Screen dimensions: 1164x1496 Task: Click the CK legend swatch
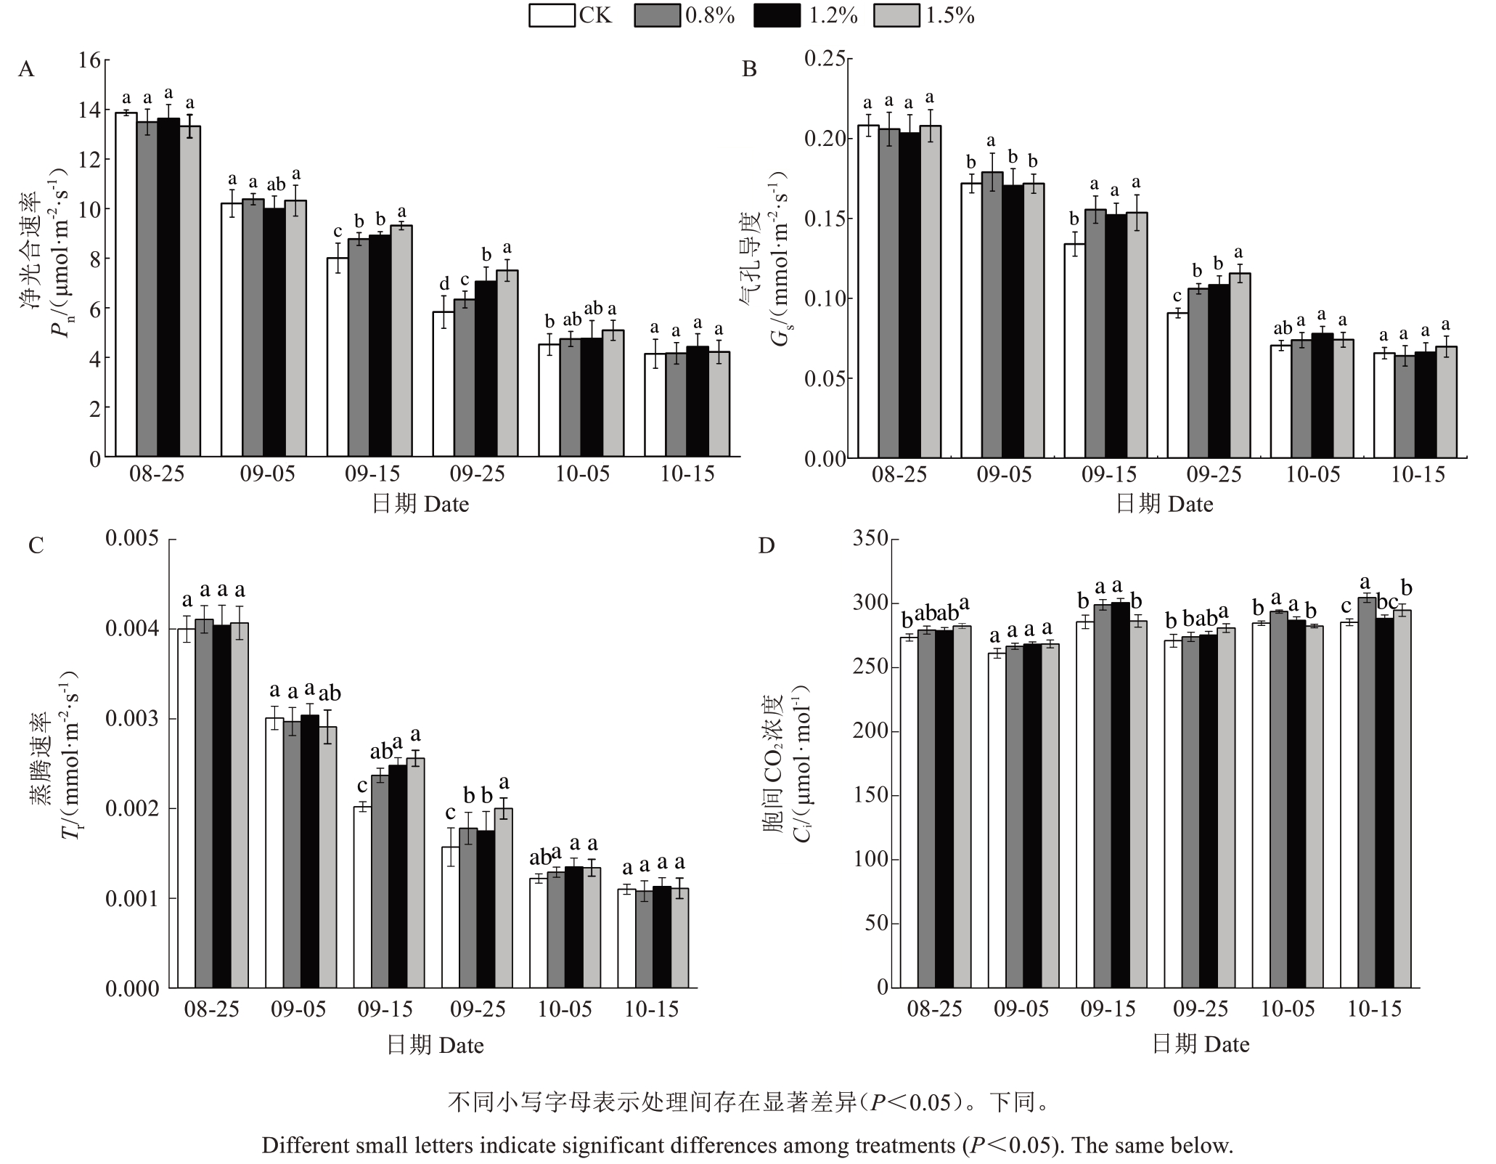[552, 15]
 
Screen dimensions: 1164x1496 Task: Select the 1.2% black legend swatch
[777, 15]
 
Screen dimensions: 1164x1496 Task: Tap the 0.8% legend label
[710, 15]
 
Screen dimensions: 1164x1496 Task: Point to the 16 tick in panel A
[90, 60]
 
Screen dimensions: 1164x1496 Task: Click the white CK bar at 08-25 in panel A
[126, 285]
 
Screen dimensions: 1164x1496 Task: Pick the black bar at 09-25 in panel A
[486, 369]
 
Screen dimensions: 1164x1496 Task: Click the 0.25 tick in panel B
[825, 58]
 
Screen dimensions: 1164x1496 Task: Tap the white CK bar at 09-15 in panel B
[1075, 351]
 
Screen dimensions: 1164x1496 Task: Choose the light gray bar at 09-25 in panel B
[1240, 365]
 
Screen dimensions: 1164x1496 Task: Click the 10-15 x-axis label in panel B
[1418, 475]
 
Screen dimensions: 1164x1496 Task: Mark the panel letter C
[36, 545]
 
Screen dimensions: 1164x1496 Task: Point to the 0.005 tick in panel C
[131, 538]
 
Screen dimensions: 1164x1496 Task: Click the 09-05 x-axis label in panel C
[298, 1009]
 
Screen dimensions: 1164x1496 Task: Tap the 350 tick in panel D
[871, 538]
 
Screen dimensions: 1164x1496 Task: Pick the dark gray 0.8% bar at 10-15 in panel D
[1367, 792]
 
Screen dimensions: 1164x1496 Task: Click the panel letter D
[767, 545]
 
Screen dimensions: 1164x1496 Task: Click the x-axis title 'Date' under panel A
[446, 504]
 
